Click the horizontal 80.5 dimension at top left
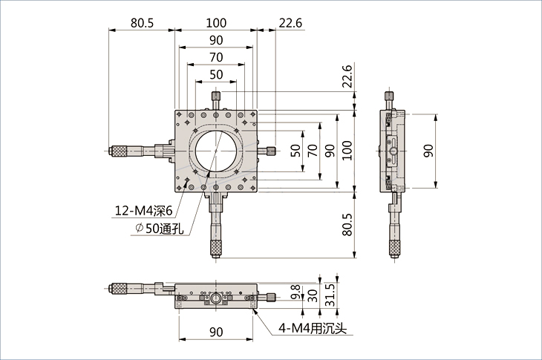141,23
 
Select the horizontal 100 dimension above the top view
216,23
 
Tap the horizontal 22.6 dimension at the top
290,23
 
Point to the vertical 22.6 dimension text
347,76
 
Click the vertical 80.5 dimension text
347,223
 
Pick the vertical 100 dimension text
347,151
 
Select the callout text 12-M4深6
143,211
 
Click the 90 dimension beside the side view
427,151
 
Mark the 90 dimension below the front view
216,331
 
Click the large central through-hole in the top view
216,151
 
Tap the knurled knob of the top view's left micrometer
118,151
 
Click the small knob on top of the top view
216,97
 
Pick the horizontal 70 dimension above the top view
216,57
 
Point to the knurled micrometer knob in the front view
118,288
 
